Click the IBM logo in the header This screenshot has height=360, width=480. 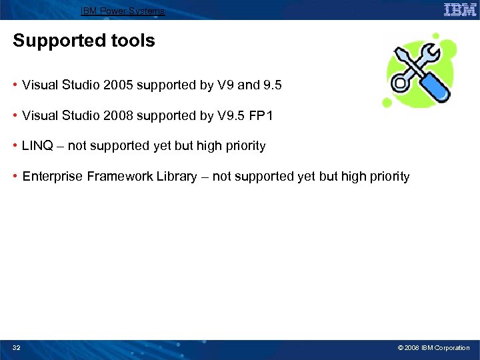coord(460,9)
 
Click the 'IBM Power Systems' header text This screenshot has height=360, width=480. coord(122,11)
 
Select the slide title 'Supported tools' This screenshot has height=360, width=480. coord(84,41)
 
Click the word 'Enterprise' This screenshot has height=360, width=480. coord(50,177)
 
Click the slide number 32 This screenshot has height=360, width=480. coord(17,348)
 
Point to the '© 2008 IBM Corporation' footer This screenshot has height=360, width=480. coord(433,348)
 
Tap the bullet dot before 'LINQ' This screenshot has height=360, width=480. coord(15,146)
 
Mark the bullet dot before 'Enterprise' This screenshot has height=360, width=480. coord(15,177)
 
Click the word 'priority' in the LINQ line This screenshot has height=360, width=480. coord(245,146)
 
